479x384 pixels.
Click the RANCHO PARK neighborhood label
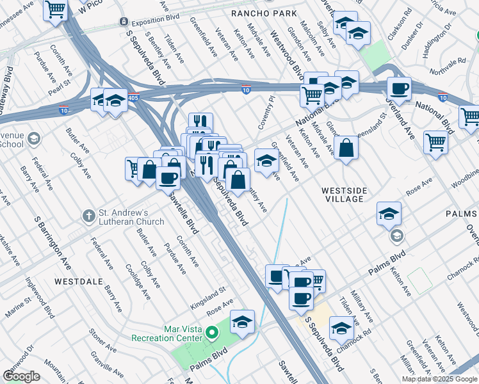click(264, 13)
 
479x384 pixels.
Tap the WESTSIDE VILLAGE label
click(344, 195)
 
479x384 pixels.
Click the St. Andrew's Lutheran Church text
click(132, 217)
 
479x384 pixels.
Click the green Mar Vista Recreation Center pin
click(213, 333)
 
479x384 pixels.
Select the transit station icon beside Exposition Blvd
click(124, 22)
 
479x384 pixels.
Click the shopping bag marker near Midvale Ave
click(346, 148)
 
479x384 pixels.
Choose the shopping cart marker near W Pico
click(56, 10)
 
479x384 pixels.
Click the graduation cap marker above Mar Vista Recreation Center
click(242, 322)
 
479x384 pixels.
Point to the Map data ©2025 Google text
click(440, 379)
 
